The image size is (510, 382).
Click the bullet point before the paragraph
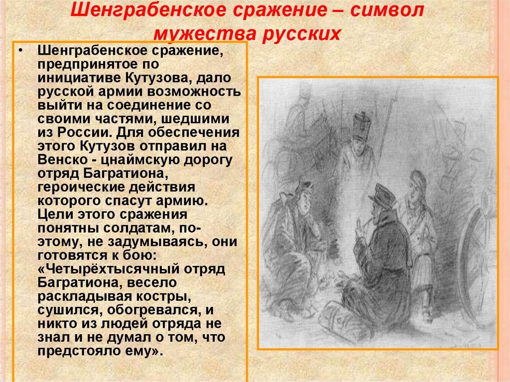coord(20,52)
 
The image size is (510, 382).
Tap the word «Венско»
coord(57,159)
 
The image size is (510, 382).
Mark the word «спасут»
coord(140,200)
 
